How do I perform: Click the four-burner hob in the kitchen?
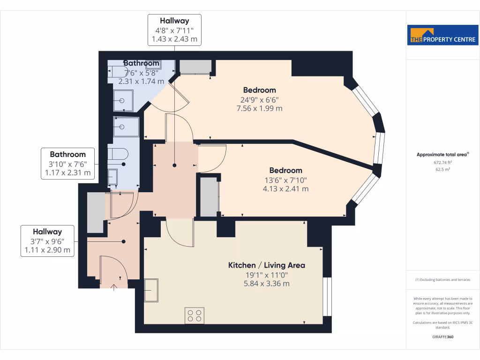coord(195,315)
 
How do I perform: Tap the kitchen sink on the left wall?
coord(151,291)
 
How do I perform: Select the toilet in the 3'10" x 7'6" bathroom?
coord(118,154)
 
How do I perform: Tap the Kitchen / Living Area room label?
coord(266,265)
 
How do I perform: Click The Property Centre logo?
coord(443,35)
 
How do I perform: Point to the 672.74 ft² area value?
coord(443,162)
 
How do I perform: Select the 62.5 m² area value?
coord(443,169)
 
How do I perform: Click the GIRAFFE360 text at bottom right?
coord(443,337)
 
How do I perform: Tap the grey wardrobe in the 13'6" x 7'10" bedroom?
coord(210,196)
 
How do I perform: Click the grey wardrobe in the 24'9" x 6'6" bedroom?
coord(195,67)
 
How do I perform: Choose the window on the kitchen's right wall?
coord(327,297)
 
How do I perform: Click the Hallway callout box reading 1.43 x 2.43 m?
coord(175,30)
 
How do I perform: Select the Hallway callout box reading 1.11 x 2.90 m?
coord(47,241)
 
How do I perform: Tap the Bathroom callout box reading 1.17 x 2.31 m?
coord(68,164)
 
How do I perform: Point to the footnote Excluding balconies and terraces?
coord(443,280)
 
